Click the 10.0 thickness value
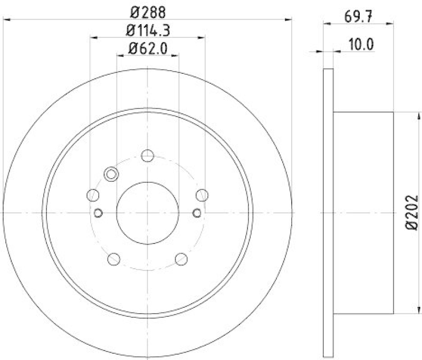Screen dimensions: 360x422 (x=361, y=44)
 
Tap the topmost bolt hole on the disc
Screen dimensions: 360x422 (x=148, y=155)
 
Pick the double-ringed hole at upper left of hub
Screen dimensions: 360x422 (x=111, y=174)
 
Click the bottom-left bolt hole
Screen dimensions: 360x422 (x=113, y=259)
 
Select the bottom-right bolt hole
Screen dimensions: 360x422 (x=181, y=259)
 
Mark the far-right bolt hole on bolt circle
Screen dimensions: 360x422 (x=202, y=196)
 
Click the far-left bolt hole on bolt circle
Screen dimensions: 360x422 (x=93, y=196)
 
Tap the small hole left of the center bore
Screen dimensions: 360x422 (x=99, y=212)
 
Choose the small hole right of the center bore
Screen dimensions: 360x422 (x=197, y=212)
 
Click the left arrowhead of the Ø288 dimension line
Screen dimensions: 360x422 (x=7, y=20)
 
